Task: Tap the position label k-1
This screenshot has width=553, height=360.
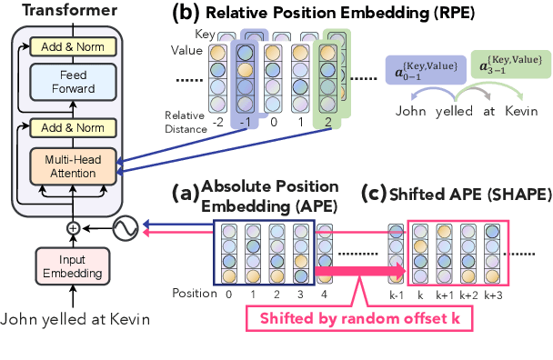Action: click(394, 294)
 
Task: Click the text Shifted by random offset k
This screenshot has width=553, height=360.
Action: click(374, 318)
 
